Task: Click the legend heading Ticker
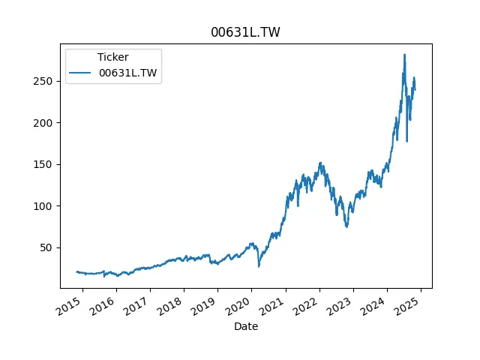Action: [x=112, y=57]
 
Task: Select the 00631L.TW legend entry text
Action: [x=128, y=73]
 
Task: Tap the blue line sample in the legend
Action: [x=82, y=73]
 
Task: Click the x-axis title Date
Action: [x=246, y=326]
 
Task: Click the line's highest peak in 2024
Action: [x=404, y=55]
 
